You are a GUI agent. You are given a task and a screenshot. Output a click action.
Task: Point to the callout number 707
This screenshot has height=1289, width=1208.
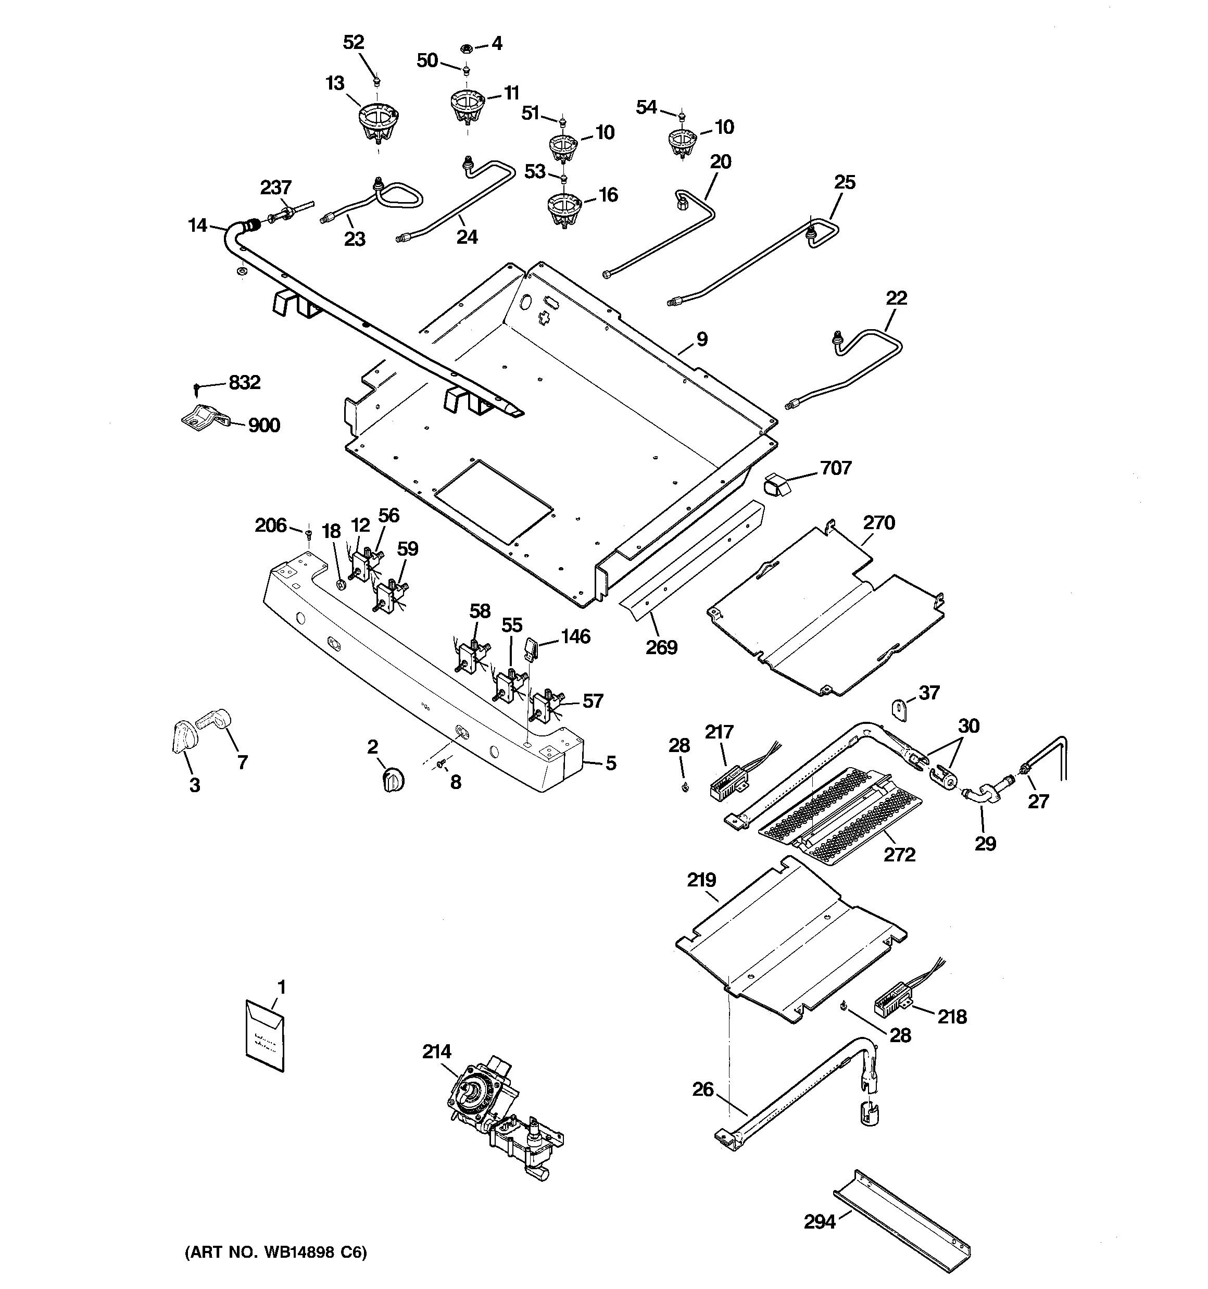[835, 468]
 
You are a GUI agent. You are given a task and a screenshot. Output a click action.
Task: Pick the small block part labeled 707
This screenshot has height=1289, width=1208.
[774, 483]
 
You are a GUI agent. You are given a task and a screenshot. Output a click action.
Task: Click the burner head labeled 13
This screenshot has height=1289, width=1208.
[378, 123]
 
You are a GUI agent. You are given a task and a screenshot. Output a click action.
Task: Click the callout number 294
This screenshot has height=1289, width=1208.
[820, 1222]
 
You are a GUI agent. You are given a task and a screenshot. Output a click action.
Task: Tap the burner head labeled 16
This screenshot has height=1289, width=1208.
[564, 209]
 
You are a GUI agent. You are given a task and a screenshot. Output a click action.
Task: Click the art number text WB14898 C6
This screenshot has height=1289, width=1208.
[275, 1252]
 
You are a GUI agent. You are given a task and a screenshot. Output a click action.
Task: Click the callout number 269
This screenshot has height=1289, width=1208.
[661, 646]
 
